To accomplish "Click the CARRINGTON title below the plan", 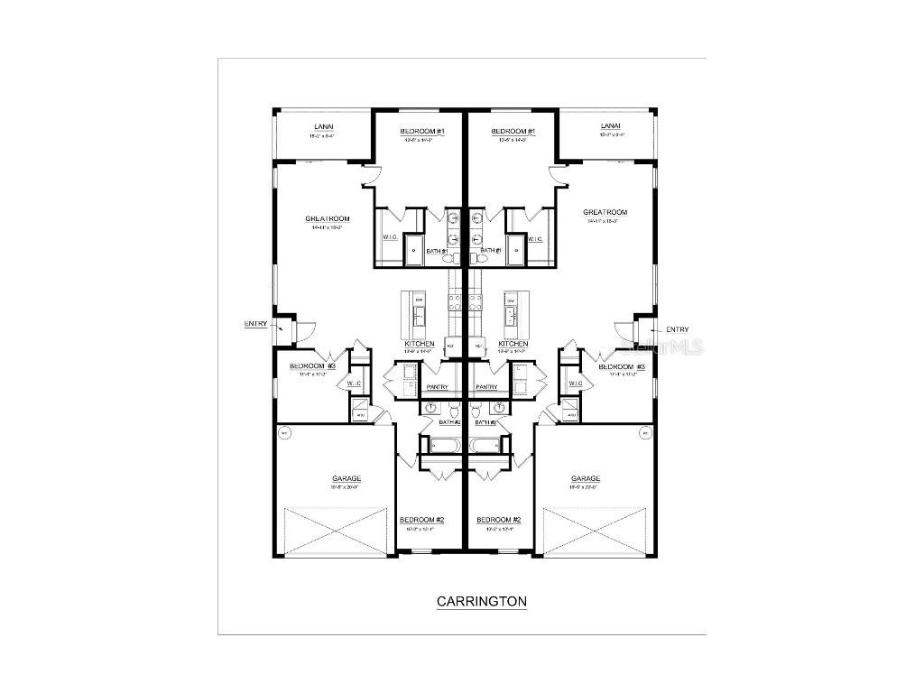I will point(481,601).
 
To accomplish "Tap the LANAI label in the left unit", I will point(324,127).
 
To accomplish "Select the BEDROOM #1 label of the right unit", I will point(513,132).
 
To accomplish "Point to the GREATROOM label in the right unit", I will point(605,213).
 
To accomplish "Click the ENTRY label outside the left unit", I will point(255,324).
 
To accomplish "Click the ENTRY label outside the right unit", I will point(677,329).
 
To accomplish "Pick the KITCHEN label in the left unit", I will point(420,344).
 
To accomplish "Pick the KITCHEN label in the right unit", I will point(513,344).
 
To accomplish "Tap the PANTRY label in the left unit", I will point(438,387).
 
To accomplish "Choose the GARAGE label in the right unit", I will point(586,479).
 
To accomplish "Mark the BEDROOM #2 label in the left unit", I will point(421,520).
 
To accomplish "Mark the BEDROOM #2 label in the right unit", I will point(499,520).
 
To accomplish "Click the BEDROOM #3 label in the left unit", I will point(312,366).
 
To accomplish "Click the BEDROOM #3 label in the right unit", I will point(622,367).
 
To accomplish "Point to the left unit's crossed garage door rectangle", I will point(336,532).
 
